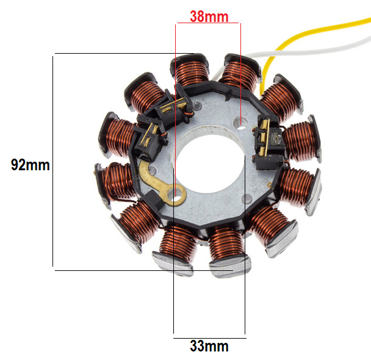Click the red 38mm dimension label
tap(209, 17)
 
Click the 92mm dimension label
tap(31, 165)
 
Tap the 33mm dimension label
tap(209, 347)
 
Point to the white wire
tap(308, 51)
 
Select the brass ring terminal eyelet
tap(176, 195)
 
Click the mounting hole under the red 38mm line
tap(240, 123)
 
